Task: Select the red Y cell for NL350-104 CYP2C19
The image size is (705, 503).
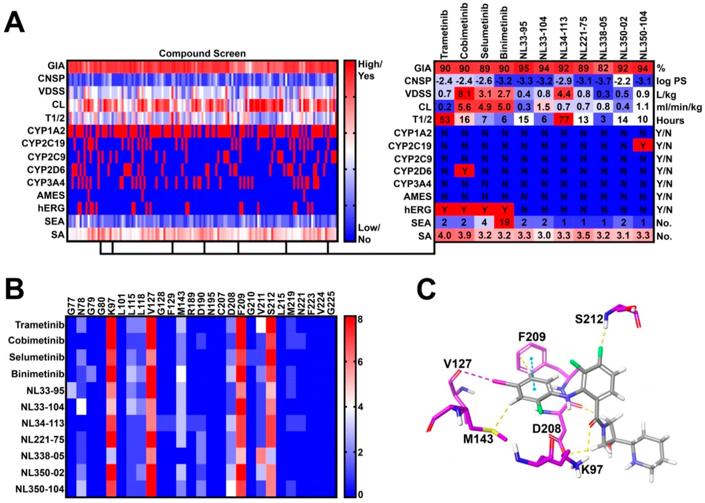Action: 643,145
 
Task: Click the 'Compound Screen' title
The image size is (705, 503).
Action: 202,54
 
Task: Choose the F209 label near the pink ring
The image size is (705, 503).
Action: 532,337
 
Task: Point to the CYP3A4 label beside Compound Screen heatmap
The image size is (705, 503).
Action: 46,183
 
